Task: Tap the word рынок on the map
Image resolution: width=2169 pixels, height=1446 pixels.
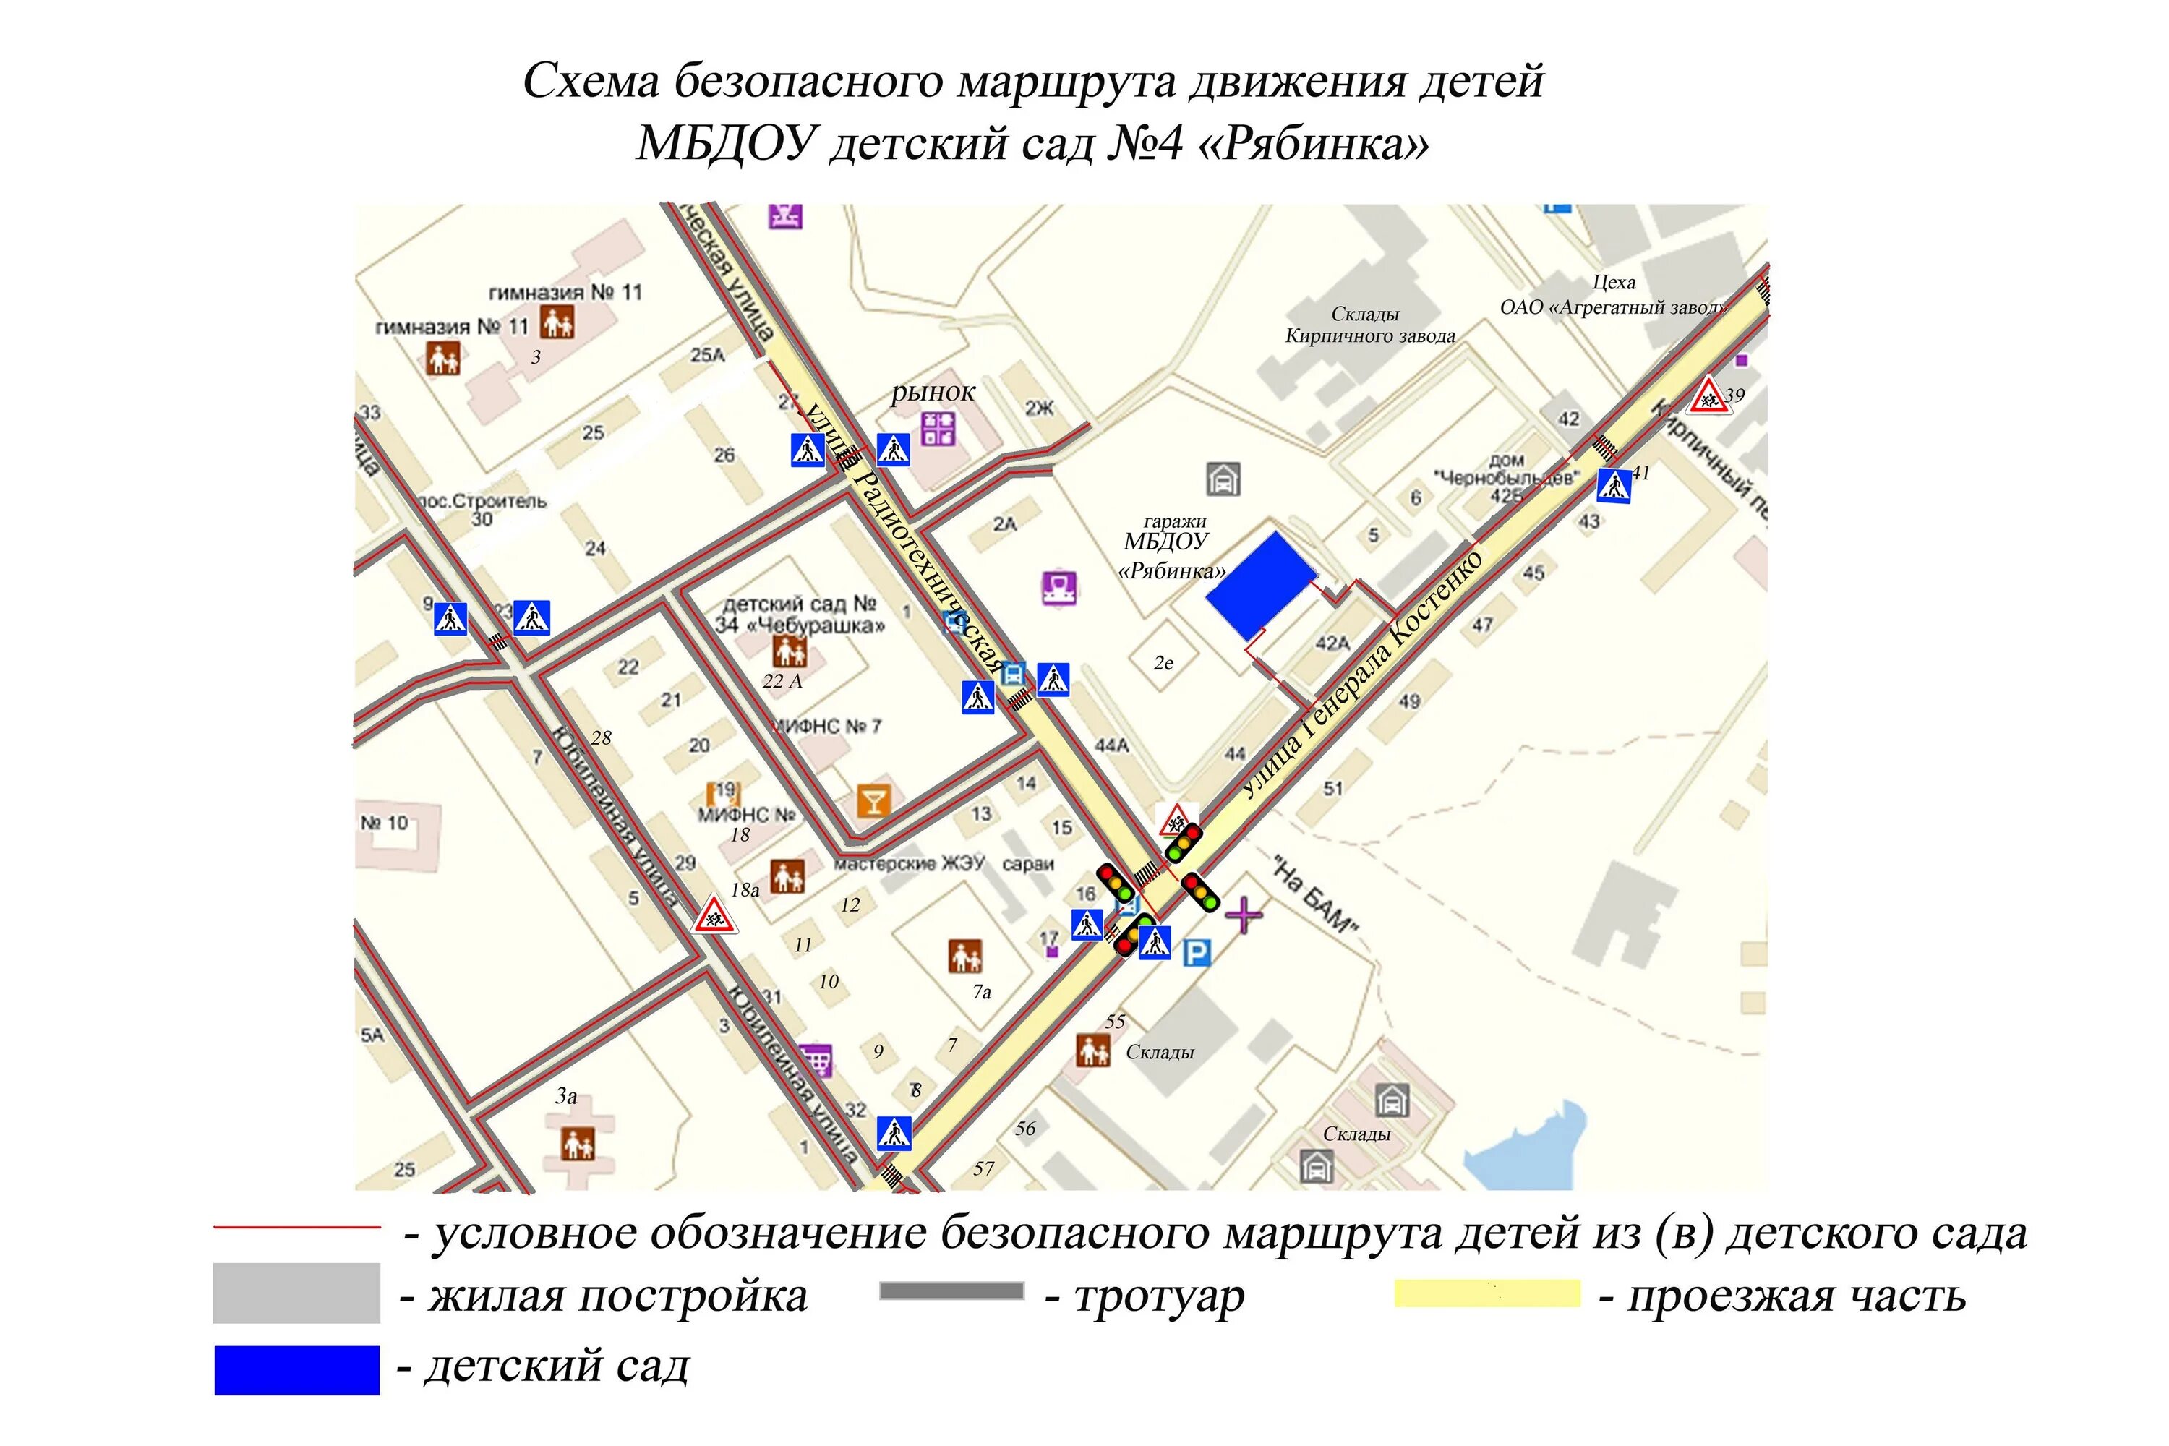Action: point(933,392)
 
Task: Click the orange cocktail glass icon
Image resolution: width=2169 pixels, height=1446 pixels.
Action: point(873,800)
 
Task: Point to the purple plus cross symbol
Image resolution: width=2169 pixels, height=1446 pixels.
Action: point(1244,915)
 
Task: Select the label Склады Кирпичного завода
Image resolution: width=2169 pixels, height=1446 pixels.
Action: point(1369,325)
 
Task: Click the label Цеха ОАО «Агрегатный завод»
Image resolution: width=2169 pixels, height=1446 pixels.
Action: point(1613,295)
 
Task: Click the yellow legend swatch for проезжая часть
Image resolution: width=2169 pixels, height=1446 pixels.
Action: point(1486,1293)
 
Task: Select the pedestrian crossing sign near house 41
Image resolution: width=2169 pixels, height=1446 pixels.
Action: point(1614,485)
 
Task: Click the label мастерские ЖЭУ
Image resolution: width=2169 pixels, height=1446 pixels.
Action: point(908,864)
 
